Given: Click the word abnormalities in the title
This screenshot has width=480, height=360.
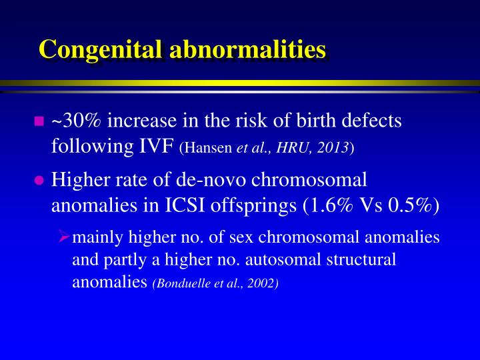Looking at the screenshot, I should [249, 49].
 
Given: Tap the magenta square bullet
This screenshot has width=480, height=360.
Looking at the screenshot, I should [38, 121].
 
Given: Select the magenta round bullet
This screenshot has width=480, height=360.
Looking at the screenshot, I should [38, 180].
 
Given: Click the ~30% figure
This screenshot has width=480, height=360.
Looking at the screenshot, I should [75, 121].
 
